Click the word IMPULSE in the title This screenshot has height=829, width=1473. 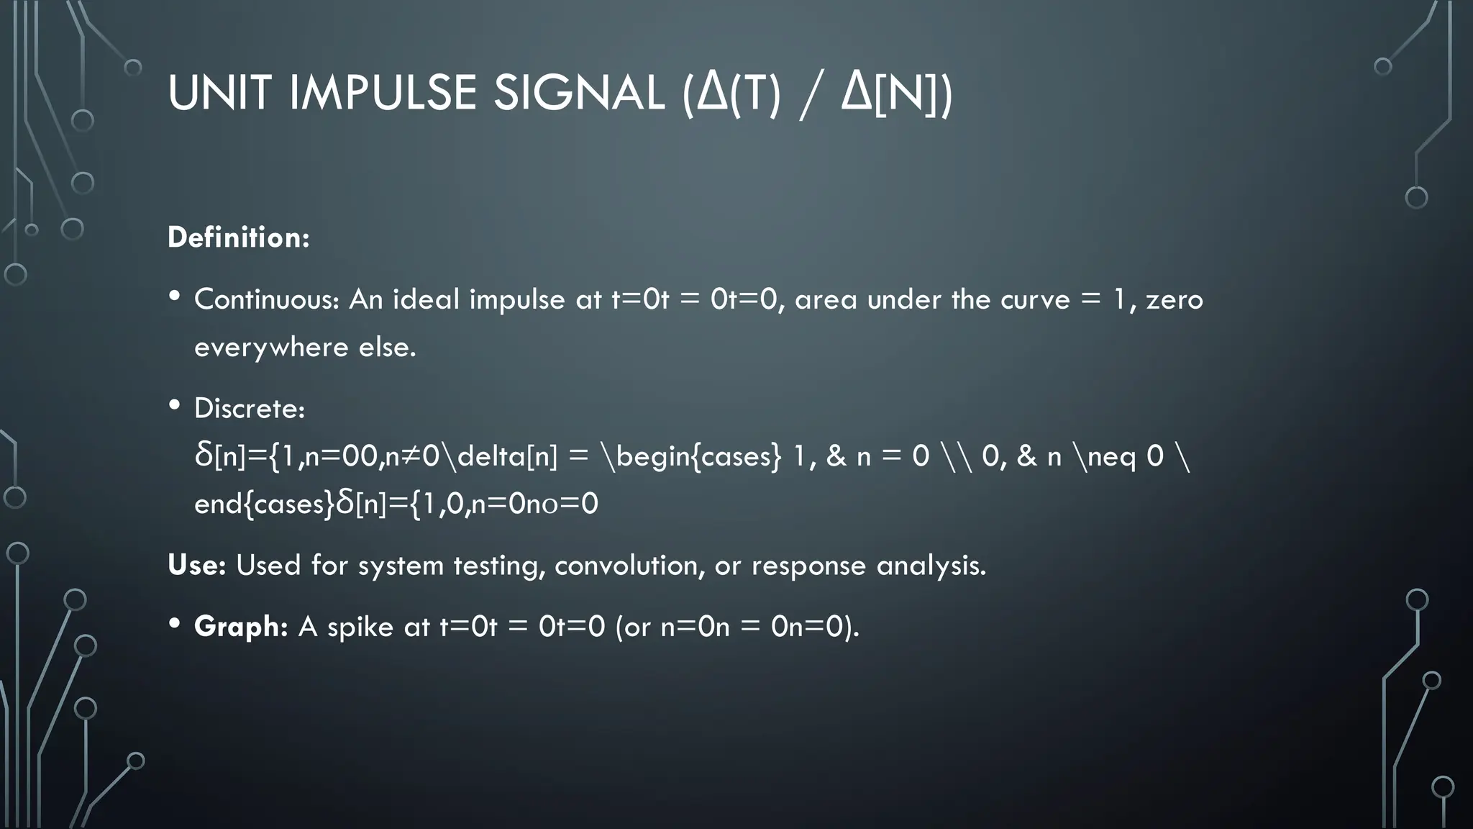tap(383, 94)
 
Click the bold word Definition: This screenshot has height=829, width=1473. tap(238, 237)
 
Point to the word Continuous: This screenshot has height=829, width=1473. tap(266, 299)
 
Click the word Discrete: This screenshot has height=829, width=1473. tap(250, 409)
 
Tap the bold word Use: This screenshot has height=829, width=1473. tap(196, 565)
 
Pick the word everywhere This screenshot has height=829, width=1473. tap(271, 348)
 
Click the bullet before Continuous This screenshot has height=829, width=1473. tap(175, 296)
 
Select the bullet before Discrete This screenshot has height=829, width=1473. tap(175, 406)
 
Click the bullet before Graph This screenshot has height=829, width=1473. tap(175, 624)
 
